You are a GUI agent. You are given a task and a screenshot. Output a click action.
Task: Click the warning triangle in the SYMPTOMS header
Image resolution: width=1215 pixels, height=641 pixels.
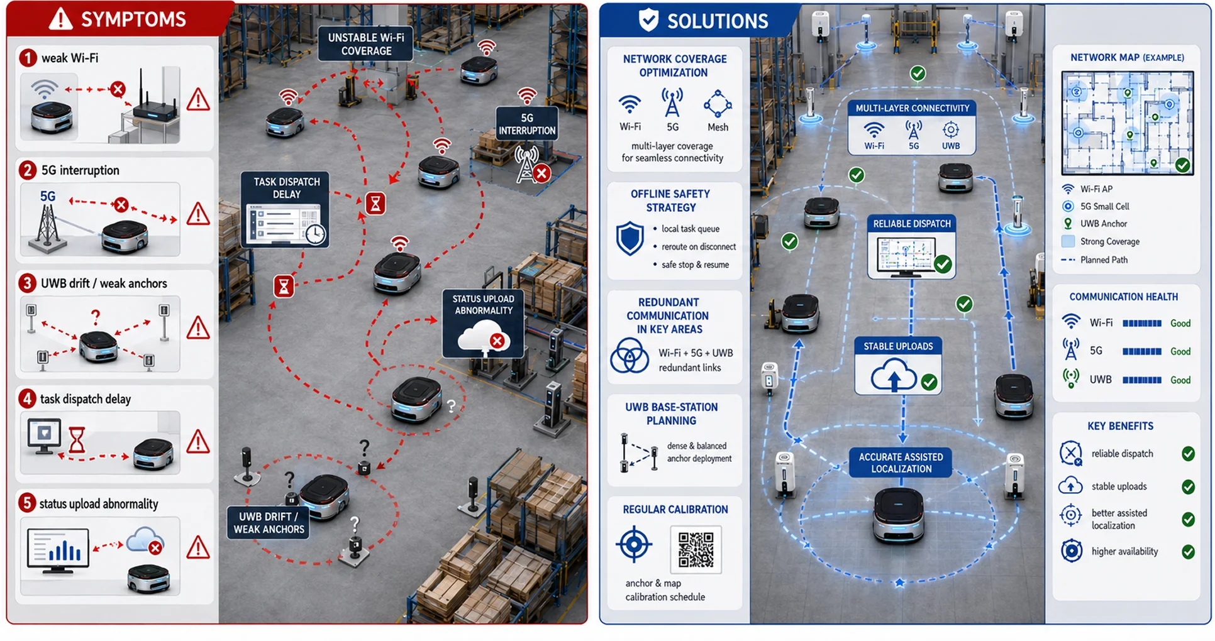(x=61, y=19)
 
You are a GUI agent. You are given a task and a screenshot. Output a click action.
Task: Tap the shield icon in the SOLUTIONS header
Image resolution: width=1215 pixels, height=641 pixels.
(x=648, y=20)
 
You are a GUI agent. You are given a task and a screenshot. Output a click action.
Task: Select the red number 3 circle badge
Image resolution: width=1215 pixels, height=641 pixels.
(x=27, y=283)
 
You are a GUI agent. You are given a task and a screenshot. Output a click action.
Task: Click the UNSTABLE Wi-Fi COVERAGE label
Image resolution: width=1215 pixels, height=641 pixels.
(x=366, y=44)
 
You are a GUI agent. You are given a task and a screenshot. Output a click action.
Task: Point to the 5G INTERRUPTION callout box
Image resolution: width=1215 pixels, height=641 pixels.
(x=527, y=124)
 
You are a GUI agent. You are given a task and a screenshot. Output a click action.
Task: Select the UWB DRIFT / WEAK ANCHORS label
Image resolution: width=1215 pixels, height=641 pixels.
(x=269, y=523)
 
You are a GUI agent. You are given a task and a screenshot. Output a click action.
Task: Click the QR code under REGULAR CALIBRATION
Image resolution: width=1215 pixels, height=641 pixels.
(x=696, y=550)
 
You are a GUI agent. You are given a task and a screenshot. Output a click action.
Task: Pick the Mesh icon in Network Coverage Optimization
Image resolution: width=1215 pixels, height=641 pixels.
(x=718, y=104)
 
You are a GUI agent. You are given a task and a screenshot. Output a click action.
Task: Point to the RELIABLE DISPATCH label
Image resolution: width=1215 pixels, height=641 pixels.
(x=912, y=224)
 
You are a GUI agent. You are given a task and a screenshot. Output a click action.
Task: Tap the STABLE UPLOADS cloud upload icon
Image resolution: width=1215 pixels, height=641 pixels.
(x=894, y=375)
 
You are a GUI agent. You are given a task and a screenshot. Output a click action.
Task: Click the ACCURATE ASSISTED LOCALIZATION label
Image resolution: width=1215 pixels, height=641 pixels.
(x=901, y=463)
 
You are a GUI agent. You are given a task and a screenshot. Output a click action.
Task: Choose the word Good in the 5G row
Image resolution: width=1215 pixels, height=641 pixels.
(x=1180, y=351)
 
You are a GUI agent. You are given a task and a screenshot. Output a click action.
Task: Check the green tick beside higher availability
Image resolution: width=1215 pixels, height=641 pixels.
(x=1188, y=552)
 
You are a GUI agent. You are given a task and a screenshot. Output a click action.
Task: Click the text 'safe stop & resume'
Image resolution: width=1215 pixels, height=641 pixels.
(x=695, y=265)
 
